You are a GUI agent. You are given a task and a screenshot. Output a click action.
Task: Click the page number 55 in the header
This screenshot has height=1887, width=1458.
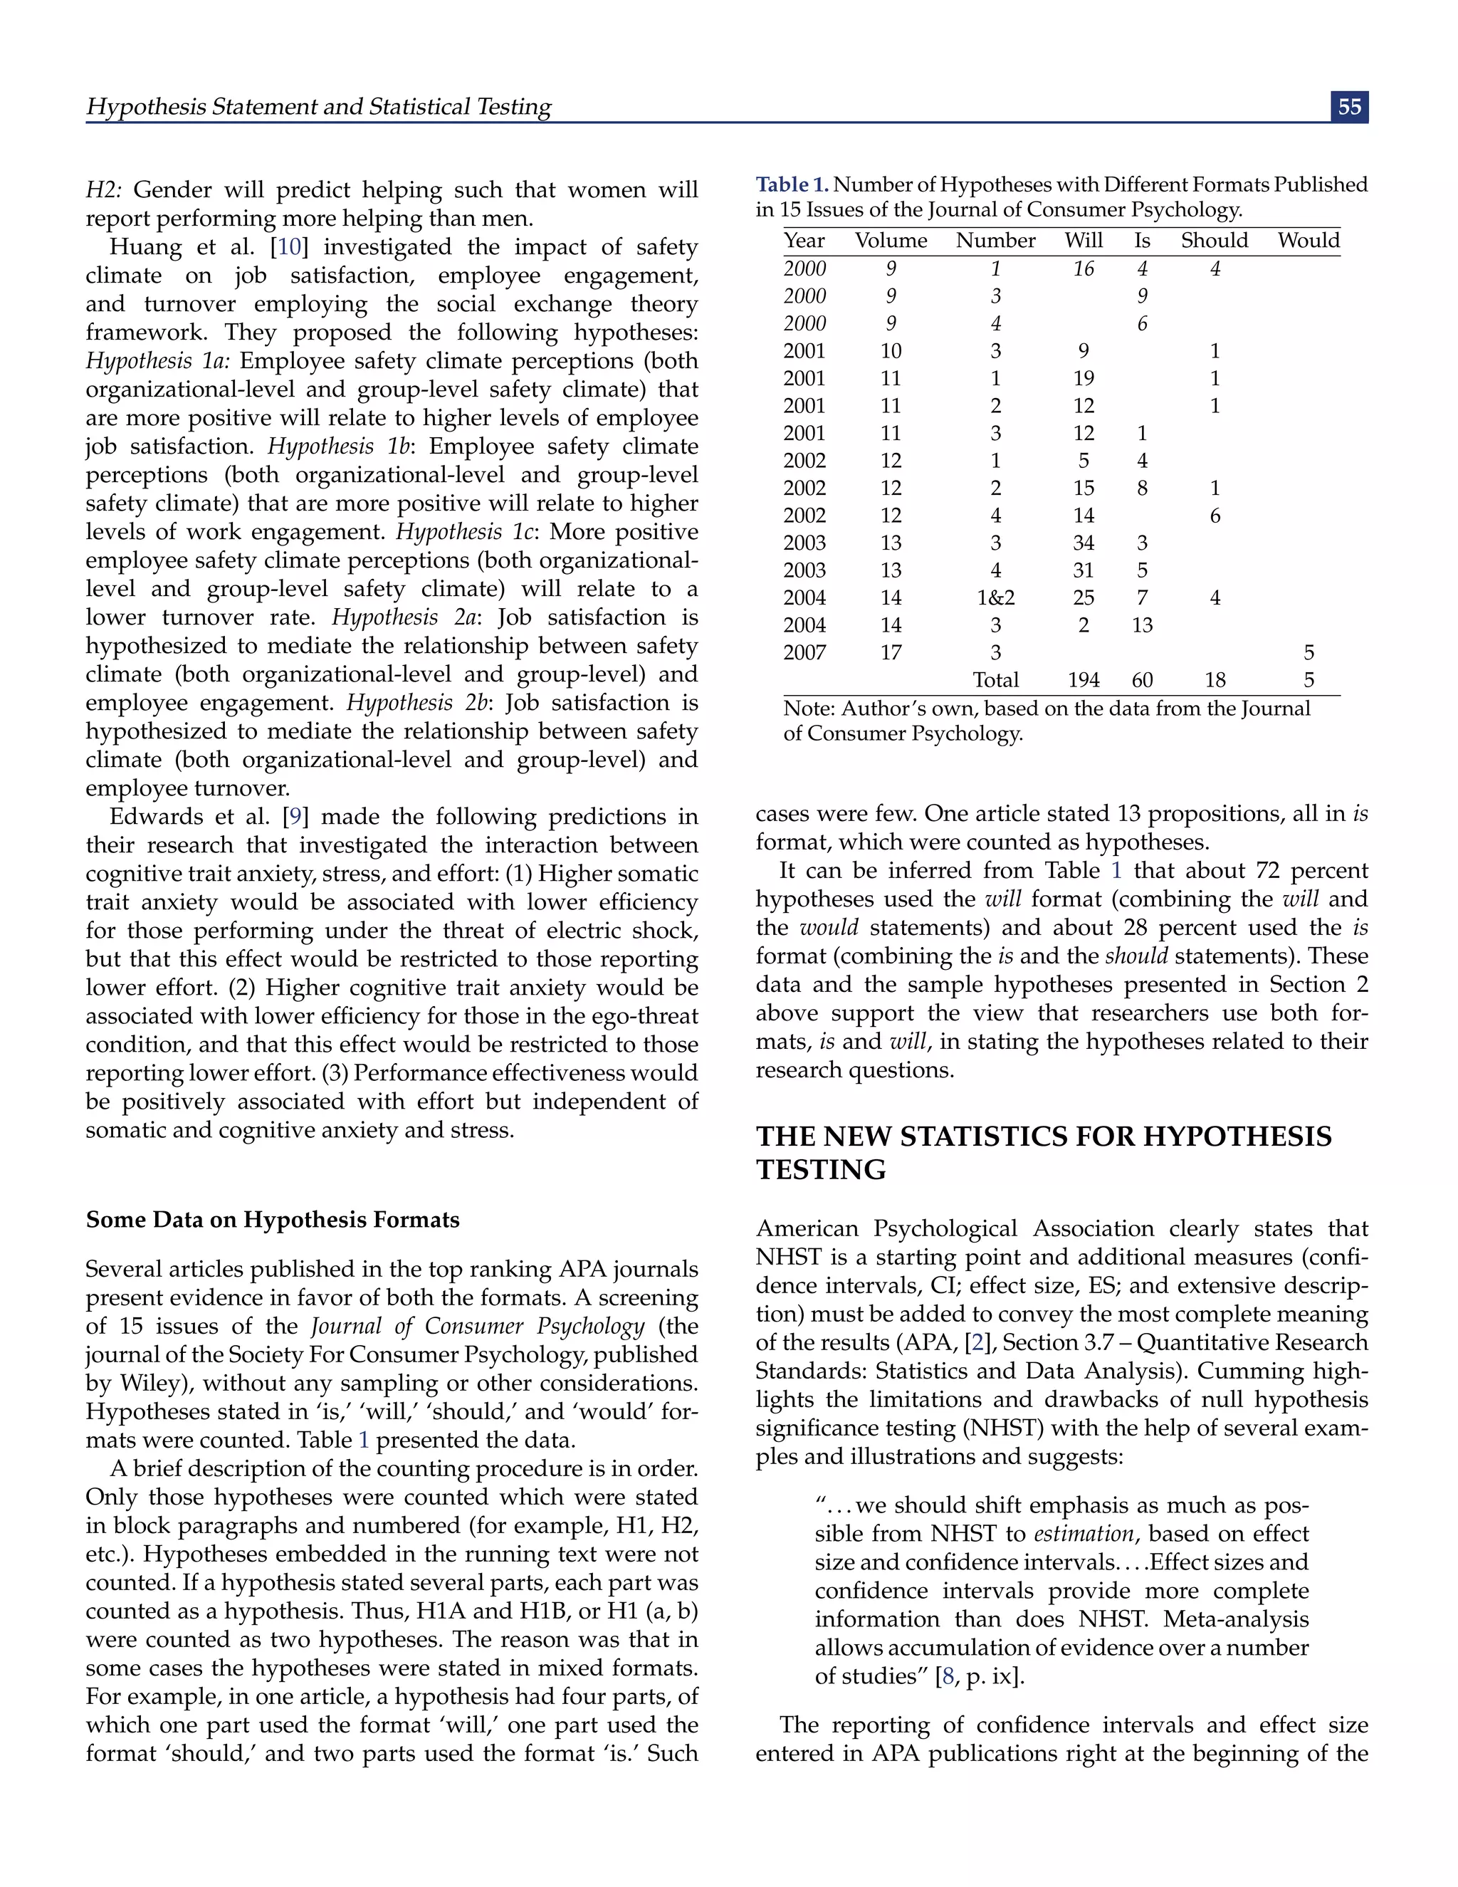pyautogui.click(x=1349, y=107)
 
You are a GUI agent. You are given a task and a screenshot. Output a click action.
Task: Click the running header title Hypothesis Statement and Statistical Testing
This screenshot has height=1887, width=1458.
pyautogui.click(x=319, y=106)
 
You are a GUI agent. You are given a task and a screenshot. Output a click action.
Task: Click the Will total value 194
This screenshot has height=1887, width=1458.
pyautogui.click(x=1083, y=680)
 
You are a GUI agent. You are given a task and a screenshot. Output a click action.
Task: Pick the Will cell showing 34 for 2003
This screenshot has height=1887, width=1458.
pyautogui.click(x=1083, y=543)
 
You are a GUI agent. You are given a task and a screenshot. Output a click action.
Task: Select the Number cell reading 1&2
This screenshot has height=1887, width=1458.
pyautogui.click(x=995, y=598)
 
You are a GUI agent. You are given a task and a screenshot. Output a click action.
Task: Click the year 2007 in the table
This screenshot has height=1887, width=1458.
pyautogui.click(x=804, y=652)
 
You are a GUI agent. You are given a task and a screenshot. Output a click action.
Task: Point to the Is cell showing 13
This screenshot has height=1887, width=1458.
pyautogui.click(x=1142, y=624)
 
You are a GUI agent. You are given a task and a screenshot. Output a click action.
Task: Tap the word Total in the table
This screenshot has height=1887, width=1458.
pyautogui.click(x=995, y=680)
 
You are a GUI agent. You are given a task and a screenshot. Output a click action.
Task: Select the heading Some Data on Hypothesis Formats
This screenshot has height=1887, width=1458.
pyautogui.click(x=272, y=1219)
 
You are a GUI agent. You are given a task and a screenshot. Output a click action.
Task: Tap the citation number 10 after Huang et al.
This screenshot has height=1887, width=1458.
pyautogui.click(x=289, y=247)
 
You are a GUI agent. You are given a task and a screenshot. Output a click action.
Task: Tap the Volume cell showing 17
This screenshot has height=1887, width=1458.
pyautogui.click(x=891, y=652)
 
